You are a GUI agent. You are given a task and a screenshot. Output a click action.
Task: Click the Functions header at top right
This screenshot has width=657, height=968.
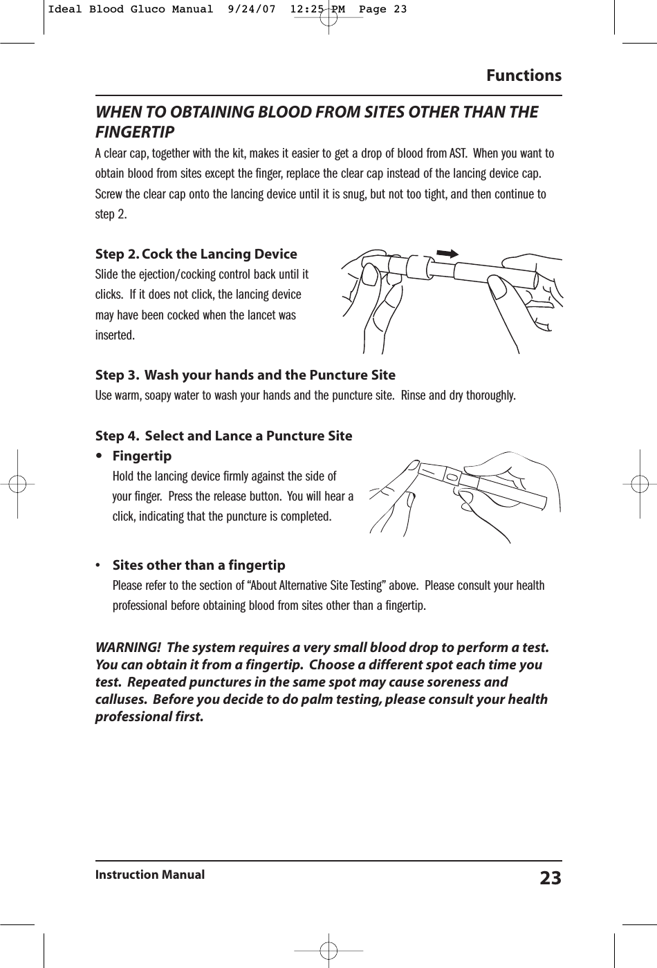coord(524,75)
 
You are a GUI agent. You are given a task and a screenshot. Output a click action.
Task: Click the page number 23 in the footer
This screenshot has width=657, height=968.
coord(550,878)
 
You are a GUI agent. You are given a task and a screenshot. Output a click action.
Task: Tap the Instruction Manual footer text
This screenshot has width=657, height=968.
coord(149,875)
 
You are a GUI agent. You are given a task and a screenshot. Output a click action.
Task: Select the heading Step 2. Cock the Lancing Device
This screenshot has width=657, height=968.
coord(196,254)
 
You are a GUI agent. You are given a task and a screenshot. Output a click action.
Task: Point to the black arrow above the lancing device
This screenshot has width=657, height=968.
coord(447,254)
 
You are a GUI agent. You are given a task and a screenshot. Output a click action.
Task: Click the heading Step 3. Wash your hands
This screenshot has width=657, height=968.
coord(245,375)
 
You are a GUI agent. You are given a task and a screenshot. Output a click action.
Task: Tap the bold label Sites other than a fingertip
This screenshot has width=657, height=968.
coord(198,566)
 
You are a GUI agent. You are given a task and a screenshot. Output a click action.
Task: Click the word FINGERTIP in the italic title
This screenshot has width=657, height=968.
coord(134,131)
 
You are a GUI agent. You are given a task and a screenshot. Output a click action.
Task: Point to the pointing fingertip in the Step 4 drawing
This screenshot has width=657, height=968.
coord(414,467)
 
